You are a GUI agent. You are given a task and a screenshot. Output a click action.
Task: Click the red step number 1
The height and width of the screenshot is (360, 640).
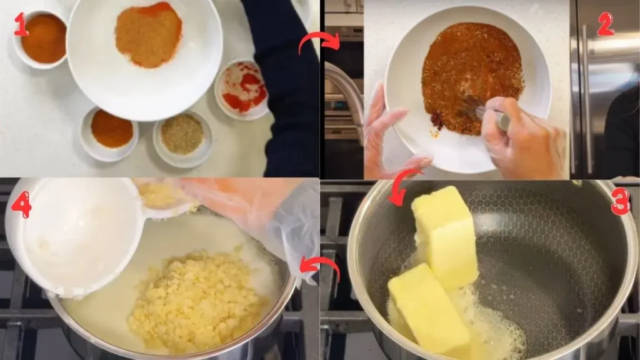click(21, 24)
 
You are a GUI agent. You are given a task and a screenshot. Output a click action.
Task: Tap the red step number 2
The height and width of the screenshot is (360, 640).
click(605, 24)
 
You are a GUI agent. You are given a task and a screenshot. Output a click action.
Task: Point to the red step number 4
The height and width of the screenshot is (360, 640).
click(21, 206)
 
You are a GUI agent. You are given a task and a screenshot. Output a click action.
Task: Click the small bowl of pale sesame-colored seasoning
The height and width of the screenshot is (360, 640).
click(182, 134)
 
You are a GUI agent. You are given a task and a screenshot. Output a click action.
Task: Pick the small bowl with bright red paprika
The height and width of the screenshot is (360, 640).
click(244, 89)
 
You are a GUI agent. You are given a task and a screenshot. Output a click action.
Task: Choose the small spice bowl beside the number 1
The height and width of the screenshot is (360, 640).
click(43, 38)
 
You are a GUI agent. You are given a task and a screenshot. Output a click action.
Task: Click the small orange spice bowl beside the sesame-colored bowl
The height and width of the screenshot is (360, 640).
click(111, 129)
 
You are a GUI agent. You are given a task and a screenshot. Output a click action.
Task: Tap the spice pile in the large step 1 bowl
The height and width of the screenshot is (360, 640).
click(148, 35)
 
